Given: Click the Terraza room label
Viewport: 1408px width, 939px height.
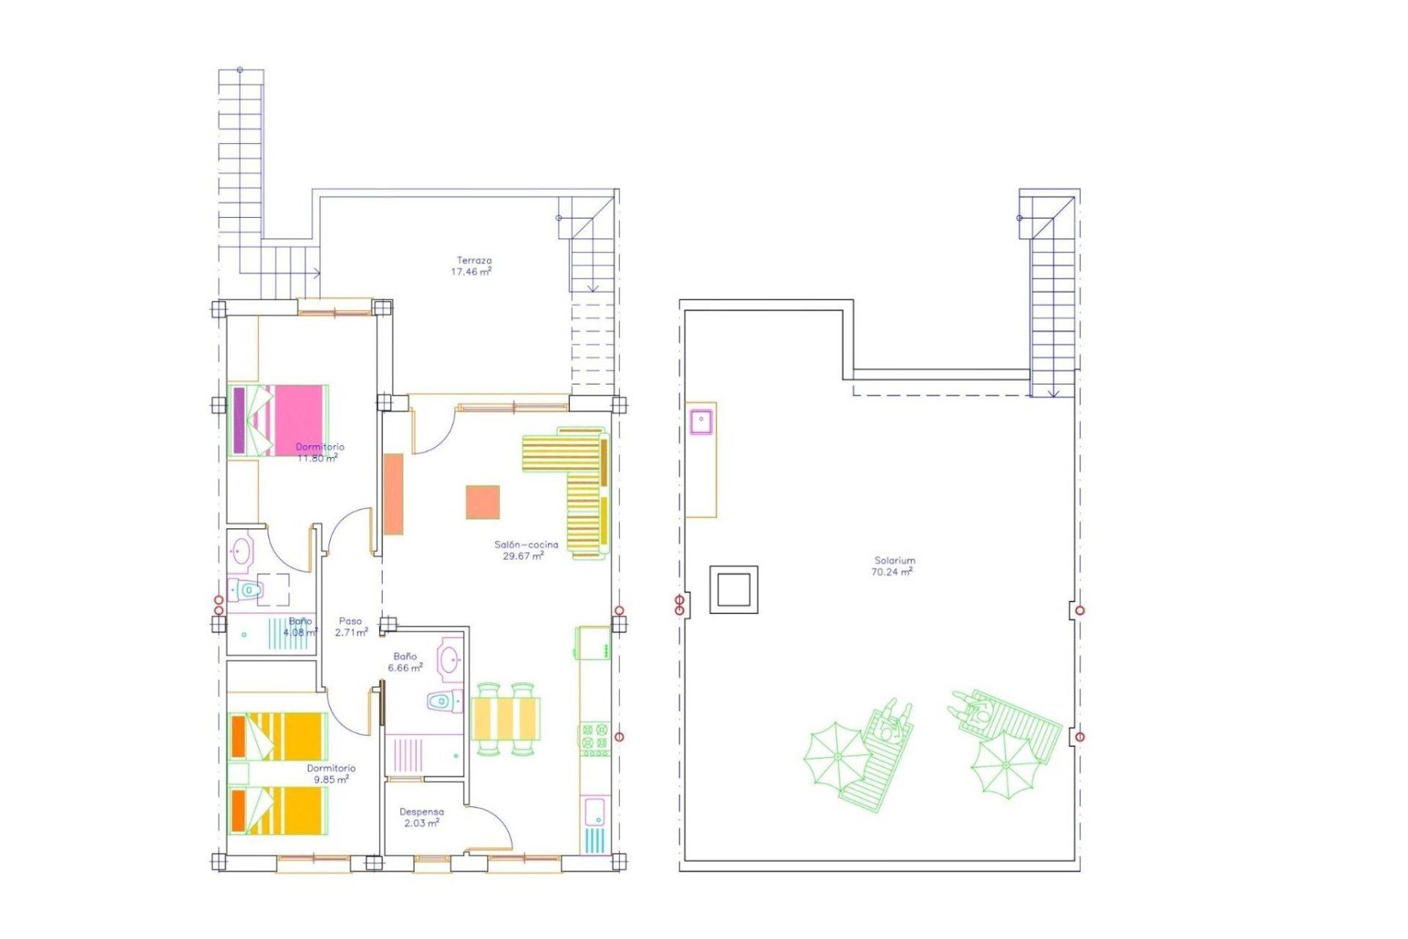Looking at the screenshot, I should point(474,260).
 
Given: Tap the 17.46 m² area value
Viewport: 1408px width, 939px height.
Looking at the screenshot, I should point(471,271).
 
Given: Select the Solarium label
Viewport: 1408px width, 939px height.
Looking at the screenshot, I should point(895,560).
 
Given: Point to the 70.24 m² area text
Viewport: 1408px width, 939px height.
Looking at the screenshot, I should point(892,572).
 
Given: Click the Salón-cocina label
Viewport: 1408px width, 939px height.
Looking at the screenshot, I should point(526,545).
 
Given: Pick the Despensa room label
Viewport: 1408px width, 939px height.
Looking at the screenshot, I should point(422,812).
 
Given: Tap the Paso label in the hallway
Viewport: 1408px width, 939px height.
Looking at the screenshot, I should point(350,621).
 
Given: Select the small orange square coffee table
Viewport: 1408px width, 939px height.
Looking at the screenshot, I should point(483,503).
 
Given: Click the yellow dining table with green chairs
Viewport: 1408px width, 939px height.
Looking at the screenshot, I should point(506,719).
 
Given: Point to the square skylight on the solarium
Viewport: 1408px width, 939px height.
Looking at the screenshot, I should point(733,589).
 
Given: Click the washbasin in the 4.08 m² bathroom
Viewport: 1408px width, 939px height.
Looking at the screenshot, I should point(241,550).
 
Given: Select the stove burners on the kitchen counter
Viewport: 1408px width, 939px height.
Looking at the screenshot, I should point(595,739).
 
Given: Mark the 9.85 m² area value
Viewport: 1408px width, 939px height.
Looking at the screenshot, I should point(331,780).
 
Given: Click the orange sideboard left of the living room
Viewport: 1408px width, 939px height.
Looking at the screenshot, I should point(394,494).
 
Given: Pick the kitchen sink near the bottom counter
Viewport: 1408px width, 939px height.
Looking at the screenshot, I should point(594,811).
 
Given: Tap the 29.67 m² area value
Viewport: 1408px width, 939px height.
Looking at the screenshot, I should point(523,556).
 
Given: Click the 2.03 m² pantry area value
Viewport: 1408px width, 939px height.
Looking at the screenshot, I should point(422,823).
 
